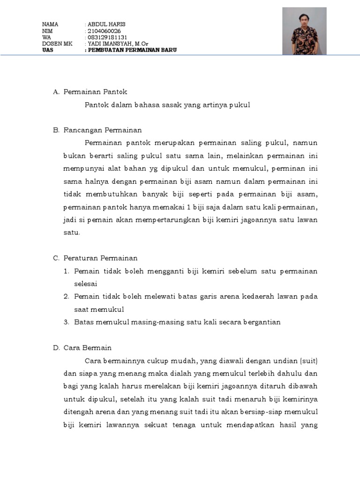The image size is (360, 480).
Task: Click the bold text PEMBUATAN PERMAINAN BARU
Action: [x=132, y=50]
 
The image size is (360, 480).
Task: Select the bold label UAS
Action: [x=47, y=50]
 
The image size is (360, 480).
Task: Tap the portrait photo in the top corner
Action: [x=305, y=31]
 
